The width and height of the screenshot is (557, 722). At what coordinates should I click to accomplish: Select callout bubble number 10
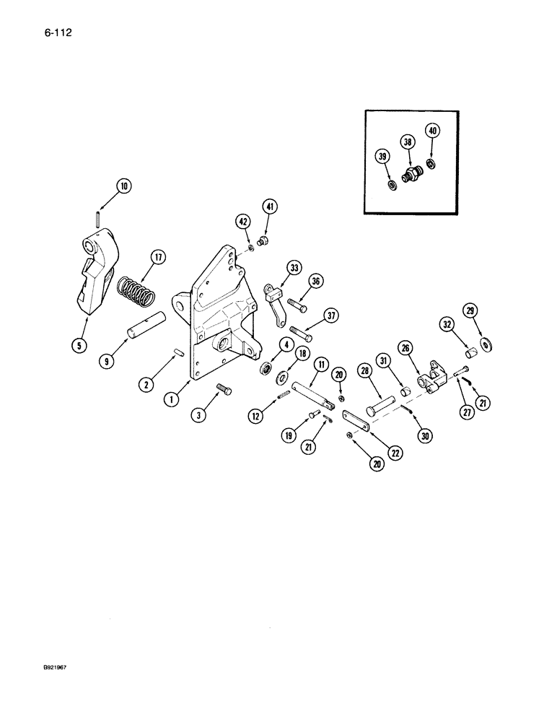pyautogui.click(x=123, y=186)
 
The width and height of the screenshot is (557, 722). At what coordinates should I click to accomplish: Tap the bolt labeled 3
pyautogui.click(x=224, y=393)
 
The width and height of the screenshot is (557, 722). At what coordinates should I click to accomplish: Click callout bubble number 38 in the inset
pyautogui.click(x=408, y=143)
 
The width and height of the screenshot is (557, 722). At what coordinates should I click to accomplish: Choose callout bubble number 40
pyautogui.click(x=432, y=131)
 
